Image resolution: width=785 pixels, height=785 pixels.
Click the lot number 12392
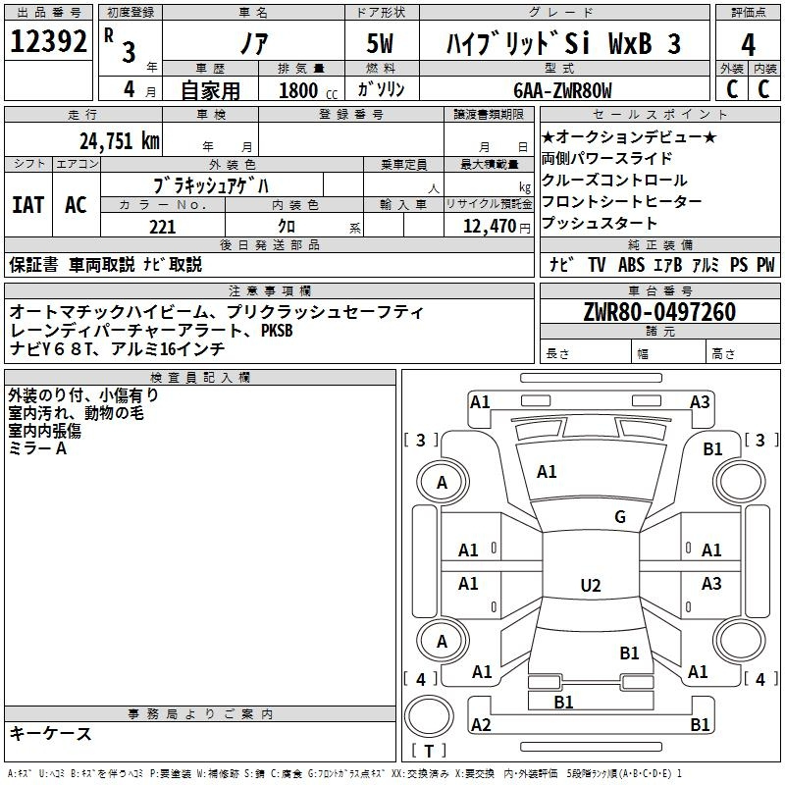tap(48, 41)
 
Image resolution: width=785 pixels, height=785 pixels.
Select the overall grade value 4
tap(748, 45)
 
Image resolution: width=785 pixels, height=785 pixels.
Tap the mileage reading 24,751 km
tap(120, 141)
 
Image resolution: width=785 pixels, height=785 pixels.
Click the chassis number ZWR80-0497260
tap(659, 311)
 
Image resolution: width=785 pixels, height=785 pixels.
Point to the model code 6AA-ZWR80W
tap(562, 90)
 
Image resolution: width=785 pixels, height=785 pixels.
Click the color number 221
tap(163, 227)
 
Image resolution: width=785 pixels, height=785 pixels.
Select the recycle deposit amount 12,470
tap(490, 227)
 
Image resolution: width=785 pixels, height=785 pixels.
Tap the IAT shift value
tap(28, 205)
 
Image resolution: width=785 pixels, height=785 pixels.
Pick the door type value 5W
tap(380, 43)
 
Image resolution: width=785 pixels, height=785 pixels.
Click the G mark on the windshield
tap(620, 517)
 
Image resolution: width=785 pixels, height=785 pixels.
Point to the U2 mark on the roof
tap(591, 585)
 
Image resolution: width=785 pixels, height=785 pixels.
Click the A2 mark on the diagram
tap(481, 724)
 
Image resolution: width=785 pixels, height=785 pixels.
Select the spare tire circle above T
tap(429, 716)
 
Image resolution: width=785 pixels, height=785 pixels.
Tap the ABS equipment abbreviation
tap(631, 265)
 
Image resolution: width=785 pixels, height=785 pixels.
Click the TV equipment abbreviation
tap(597, 265)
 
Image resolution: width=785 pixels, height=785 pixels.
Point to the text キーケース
tap(51, 734)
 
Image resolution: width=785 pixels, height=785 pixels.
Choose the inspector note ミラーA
tap(37, 448)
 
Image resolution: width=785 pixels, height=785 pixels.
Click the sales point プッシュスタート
tap(599, 223)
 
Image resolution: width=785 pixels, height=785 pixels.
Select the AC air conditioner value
tap(77, 205)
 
